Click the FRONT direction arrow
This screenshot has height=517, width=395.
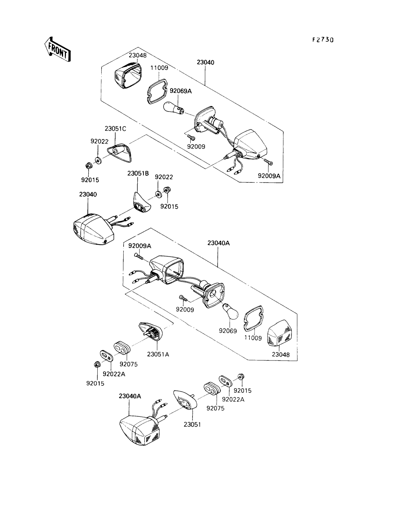point(57,49)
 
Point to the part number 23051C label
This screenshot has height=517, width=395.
point(116,128)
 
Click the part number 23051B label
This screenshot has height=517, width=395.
point(138,173)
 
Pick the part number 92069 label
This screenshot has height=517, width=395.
point(228,330)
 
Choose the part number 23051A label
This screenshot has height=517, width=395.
point(158,354)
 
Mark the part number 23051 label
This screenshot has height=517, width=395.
point(192,424)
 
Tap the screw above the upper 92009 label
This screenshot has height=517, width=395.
point(191,137)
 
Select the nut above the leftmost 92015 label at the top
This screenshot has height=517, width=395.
point(88,166)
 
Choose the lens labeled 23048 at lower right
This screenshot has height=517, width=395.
point(281,333)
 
